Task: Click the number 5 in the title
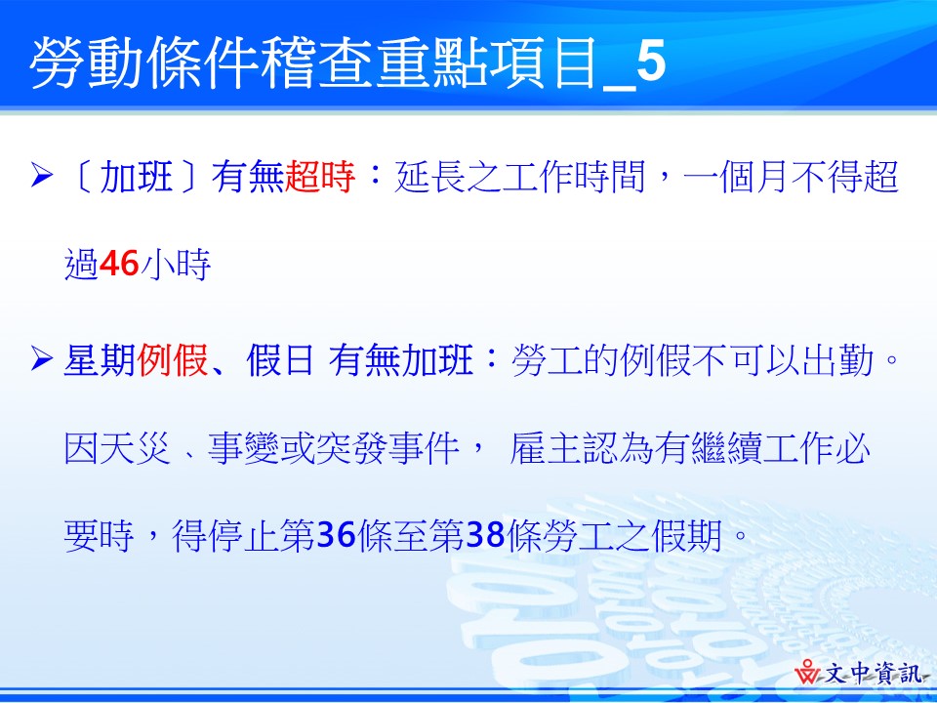tap(651, 62)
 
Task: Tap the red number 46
tap(119, 264)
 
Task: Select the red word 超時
tap(320, 177)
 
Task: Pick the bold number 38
tap(485, 534)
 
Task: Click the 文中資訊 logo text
tap(875, 675)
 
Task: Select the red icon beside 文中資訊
tap(808, 672)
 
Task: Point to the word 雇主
tap(546, 447)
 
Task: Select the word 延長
tap(429, 177)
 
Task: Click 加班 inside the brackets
tap(137, 177)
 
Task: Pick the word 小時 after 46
tap(175, 264)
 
